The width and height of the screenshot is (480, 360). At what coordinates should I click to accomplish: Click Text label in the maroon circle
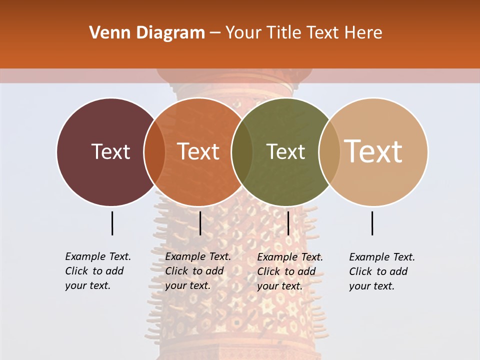(x=110, y=151)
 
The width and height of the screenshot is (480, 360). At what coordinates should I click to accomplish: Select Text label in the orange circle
(x=198, y=151)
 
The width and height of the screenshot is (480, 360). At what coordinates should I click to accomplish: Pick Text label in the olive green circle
(x=285, y=151)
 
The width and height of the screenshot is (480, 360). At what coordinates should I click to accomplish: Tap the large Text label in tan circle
(x=373, y=151)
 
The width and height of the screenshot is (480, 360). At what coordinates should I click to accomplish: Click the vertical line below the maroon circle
(x=112, y=223)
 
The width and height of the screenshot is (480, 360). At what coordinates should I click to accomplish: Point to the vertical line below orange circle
(x=200, y=223)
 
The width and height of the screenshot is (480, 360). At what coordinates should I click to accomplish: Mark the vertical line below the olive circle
(x=288, y=223)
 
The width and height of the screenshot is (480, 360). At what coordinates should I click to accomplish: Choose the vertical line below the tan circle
(x=372, y=223)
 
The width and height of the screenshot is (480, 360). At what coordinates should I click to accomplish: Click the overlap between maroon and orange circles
(x=154, y=151)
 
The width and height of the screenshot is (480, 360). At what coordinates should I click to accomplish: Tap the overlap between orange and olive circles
(x=242, y=151)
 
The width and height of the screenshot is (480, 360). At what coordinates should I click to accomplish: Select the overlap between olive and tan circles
(x=329, y=151)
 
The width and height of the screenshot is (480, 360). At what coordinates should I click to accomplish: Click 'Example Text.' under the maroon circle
(x=98, y=256)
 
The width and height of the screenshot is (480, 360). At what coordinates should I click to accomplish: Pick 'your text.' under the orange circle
(x=187, y=285)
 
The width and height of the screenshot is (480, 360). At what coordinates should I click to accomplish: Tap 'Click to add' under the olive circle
(x=286, y=271)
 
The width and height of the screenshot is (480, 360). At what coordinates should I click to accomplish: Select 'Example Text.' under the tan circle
(x=382, y=257)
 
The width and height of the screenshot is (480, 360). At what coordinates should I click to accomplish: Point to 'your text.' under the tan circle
(x=371, y=286)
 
